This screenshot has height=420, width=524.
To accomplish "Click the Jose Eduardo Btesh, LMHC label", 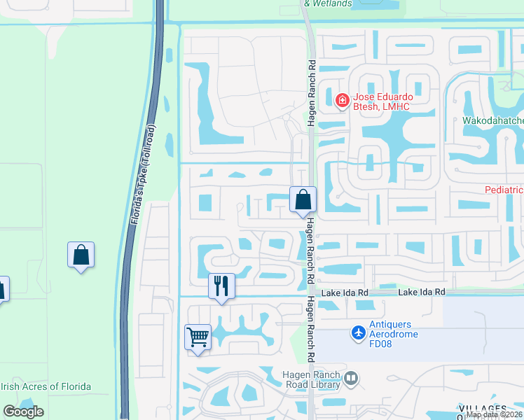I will [379, 101].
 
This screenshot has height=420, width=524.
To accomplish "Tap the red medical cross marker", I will [342, 101].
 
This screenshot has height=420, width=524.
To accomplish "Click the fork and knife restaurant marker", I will [221, 285].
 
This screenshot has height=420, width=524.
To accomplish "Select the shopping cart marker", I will [198, 337].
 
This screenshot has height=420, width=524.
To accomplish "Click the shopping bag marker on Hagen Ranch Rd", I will [303, 199].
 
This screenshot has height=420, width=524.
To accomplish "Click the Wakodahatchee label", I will [492, 120].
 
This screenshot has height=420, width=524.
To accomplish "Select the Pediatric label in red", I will [504, 190].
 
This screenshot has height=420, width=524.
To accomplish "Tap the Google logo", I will [23, 412].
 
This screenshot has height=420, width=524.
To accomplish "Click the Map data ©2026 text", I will [494, 414].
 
